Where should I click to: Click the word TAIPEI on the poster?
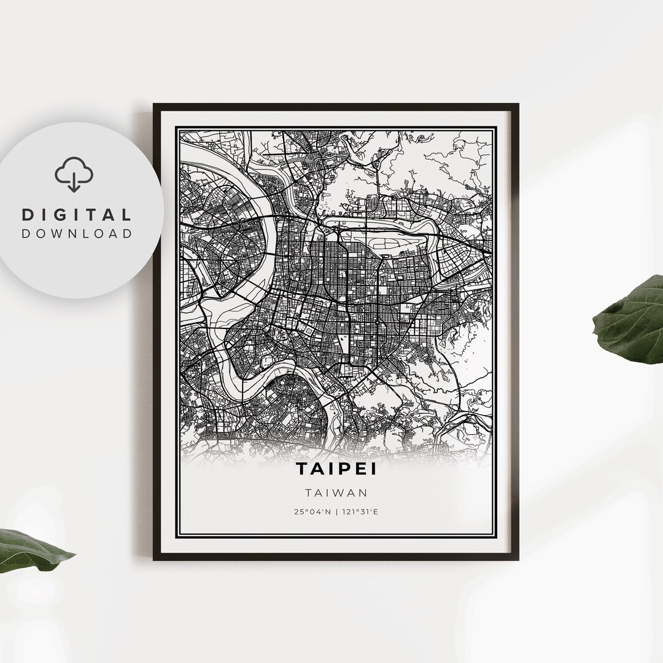point(336,468)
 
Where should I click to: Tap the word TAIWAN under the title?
point(336,492)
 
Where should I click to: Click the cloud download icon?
point(74,174)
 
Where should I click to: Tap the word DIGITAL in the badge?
point(77,215)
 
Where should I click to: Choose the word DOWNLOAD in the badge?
point(77,233)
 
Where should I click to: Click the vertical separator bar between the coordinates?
point(336,511)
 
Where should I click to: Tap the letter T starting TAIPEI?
point(303,468)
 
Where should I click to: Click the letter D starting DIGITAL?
point(28,215)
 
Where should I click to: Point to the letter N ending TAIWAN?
point(363,492)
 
